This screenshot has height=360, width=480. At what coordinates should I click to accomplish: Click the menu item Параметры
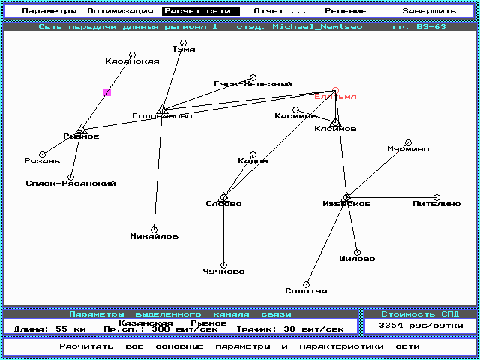tap(49, 12)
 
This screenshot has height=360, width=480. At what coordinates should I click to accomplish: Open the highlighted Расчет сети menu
tap(200, 12)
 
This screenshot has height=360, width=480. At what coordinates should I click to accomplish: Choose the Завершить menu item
tap(428, 12)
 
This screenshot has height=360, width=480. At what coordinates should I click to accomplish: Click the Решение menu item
tap(346, 12)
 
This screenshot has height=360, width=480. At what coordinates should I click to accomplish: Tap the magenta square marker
tap(106, 93)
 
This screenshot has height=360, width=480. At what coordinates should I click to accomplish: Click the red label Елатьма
tap(335, 97)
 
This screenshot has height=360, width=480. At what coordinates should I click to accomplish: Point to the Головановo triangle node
tap(162, 109)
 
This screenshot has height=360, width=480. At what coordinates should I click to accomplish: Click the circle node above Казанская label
tap(132, 55)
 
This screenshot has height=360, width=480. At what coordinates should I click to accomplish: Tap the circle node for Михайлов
tap(154, 229)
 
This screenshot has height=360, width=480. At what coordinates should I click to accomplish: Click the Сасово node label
tap(223, 204)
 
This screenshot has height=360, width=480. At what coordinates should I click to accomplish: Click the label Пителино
tap(436, 204)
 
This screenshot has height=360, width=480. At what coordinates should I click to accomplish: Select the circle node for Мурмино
tap(408, 142)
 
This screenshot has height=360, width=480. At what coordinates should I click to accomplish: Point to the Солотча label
tap(306, 290)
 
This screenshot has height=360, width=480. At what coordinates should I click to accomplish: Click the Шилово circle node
tap(357, 252)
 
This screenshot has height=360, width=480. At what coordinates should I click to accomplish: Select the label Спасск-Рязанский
tap(70, 184)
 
